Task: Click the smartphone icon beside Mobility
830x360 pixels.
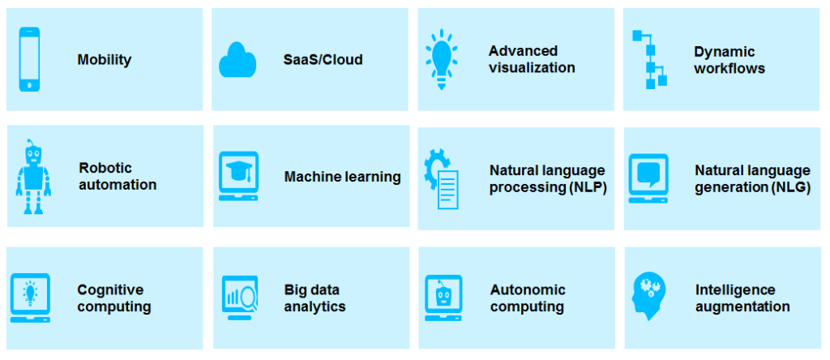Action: [x=30, y=59]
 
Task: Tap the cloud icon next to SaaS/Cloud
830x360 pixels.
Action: [x=237, y=60]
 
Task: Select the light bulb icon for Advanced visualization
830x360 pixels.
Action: [x=442, y=58]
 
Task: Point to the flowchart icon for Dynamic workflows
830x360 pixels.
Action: [x=649, y=59]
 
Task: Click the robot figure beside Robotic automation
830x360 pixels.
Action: [x=33, y=177]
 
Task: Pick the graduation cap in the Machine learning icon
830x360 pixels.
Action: [x=238, y=170]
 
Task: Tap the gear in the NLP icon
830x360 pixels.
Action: [x=432, y=169]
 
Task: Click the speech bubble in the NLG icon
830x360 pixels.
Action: [x=648, y=173]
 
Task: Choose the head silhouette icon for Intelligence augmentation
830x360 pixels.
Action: [x=649, y=296]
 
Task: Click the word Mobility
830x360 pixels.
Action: [x=105, y=60]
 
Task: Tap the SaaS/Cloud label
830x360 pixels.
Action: [x=323, y=60]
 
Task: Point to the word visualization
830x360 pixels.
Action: [x=532, y=68]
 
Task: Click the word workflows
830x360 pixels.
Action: [x=729, y=69]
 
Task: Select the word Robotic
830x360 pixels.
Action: [x=105, y=168]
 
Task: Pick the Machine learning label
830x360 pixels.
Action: [x=343, y=177]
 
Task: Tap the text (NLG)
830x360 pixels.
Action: [x=791, y=188]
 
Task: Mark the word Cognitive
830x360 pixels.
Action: [x=110, y=290]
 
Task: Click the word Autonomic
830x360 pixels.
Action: [x=528, y=290]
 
